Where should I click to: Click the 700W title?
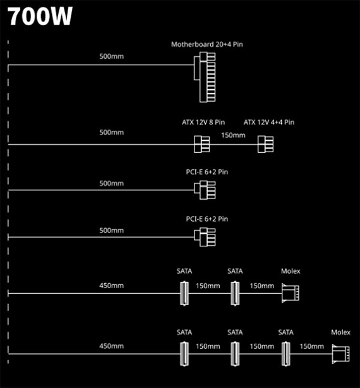pyautogui.click(x=40, y=16)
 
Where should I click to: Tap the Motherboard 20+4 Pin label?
pyautogui.click(x=207, y=44)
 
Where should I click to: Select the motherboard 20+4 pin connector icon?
pyautogui.click(x=205, y=77)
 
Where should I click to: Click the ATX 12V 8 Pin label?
pyautogui.click(x=203, y=122)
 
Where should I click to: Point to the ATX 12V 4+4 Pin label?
pyautogui.click(x=269, y=122)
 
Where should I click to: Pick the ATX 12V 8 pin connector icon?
pyautogui.click(x=201, y=144)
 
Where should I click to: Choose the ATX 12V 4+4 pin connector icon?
pyautogui.click(x=265, y=144)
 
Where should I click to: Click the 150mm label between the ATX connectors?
pyautogui.click(x=233, y=135)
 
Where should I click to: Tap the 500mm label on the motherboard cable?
pyautogui.click(x=112, y=56)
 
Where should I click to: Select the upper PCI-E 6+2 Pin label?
pyautogui.click(x=207, y=172)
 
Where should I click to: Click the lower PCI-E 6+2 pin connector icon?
pyautogui.click(x=205, y=237)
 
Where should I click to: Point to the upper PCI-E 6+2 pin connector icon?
pyautogui.click(x=205, y=190)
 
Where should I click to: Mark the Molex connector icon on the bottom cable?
pyautogui.click(x=340, y=354)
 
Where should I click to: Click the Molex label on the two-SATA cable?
pyautogui.click(x=291, y=271)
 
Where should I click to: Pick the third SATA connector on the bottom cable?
pyautogui.click(x=286, y=354)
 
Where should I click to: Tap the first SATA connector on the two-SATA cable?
pyautogui.click(x=184, y=293)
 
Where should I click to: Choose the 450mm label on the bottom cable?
pyautogui.click(x=112, y=346)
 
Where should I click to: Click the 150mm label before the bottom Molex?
pyautogui.click(x=312, y=346)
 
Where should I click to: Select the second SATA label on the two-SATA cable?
pyautogui.click(x=235, y=271)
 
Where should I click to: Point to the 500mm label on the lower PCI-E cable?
pyautogui.click(x=112, y=231)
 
